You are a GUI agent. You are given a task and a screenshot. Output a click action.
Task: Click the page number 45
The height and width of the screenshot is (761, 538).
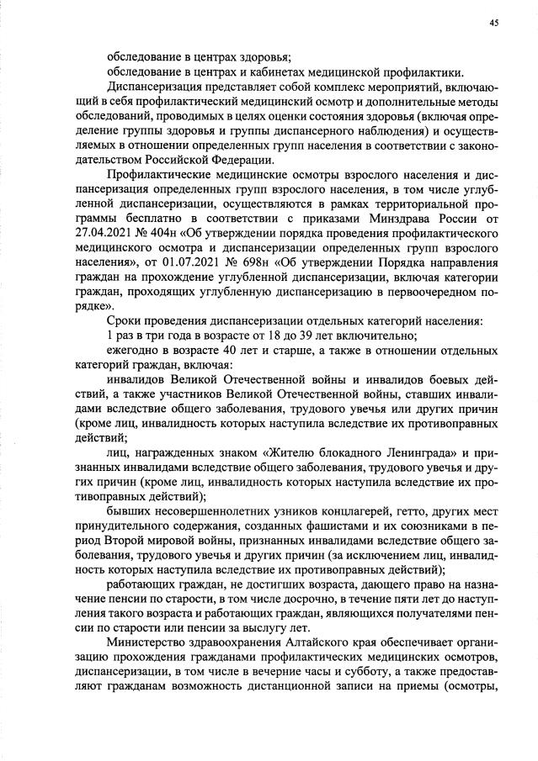(493, 23)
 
